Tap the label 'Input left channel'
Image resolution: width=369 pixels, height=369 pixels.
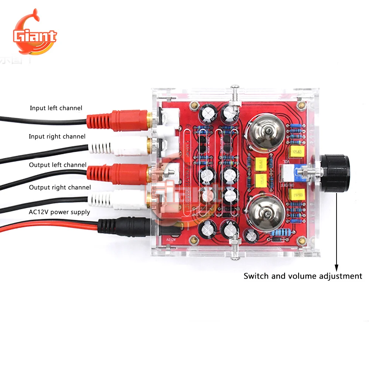[x=56, y=108]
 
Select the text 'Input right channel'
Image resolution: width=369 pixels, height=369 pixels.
[x=57, y=137]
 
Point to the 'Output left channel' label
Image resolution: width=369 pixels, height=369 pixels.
[x=58, y=165]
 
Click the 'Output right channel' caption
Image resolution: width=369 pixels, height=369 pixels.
[x=60, y=187]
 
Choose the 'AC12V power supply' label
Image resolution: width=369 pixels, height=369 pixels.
[x=59, y=212]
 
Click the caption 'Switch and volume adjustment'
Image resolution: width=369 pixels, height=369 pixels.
[x=303, y=276]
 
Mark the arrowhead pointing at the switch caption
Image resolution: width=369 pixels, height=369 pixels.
[x=336, y=267]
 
